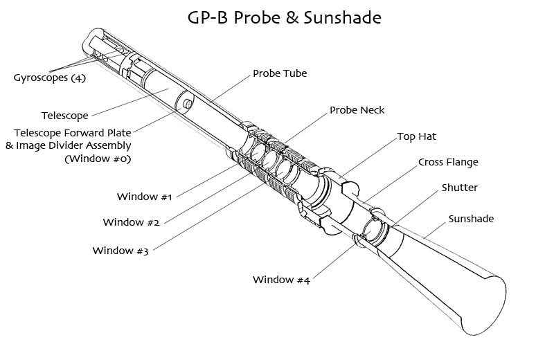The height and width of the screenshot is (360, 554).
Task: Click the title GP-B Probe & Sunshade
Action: pos(284,18)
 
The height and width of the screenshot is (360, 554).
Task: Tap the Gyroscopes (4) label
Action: pos(50,78)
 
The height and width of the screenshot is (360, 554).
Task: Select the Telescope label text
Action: pos(65,116)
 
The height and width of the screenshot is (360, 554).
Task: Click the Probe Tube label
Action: pos(280,73)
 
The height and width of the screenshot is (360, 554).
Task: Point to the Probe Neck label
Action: pos(357,110)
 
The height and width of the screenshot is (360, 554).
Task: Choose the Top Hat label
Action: pos(417,136)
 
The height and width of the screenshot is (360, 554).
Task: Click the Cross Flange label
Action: pos(448,162)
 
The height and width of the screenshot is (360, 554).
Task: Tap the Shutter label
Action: pos(459,187)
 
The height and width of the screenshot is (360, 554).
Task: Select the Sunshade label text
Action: pos(471,219)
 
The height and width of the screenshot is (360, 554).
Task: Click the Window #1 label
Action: pos(144,197)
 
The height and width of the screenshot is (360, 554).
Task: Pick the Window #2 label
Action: pos(131,222)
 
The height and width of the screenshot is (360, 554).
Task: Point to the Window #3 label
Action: pos(120,251)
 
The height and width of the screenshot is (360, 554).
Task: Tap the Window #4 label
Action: pos(281,280)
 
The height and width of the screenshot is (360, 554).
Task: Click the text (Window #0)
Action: pos(98,159)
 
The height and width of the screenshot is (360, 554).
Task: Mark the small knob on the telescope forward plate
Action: pos(188,104)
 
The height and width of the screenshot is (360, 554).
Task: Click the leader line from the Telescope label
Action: pos(130,102)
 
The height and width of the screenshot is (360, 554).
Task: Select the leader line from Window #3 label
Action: pos(208,217)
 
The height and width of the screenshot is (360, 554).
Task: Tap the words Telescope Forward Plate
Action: pos(73,133)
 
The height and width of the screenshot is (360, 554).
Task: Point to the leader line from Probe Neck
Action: pos(306,128)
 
